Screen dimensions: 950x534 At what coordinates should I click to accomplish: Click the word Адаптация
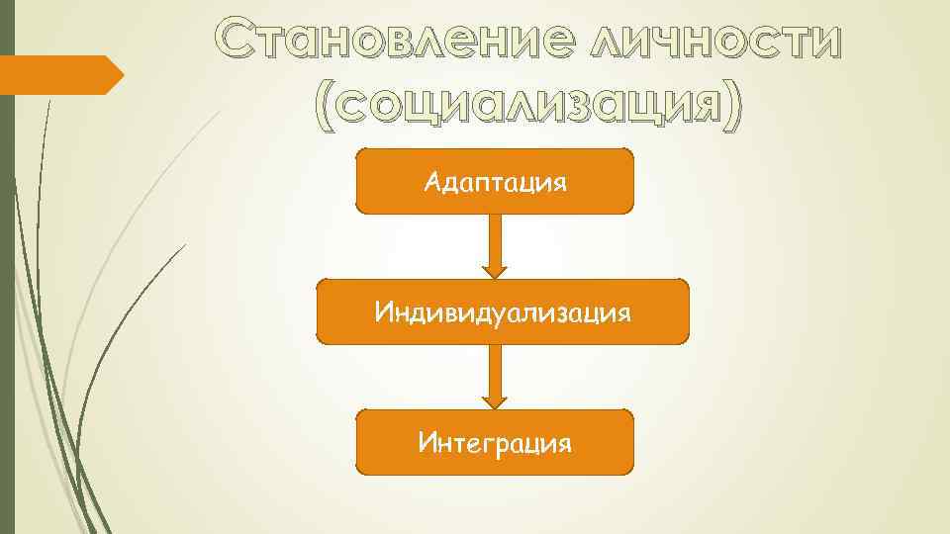pyautogui.click(x=495, y=183)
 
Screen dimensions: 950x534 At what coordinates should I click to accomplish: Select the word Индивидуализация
pyautogui.click(x=503, y=313)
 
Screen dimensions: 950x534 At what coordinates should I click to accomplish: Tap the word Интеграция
pyautogui.click(x=495, y=441)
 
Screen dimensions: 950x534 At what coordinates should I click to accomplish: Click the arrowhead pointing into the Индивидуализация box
pyautogui.click(x=495, y=270)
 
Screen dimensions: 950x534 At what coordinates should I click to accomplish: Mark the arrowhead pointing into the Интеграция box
pyautogui.click(x=495, y=401)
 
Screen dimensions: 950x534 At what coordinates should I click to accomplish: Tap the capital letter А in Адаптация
pyautogui.click(x=431, y=182)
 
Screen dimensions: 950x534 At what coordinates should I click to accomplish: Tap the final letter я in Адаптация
pyautogui.click(x=560, y=184)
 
